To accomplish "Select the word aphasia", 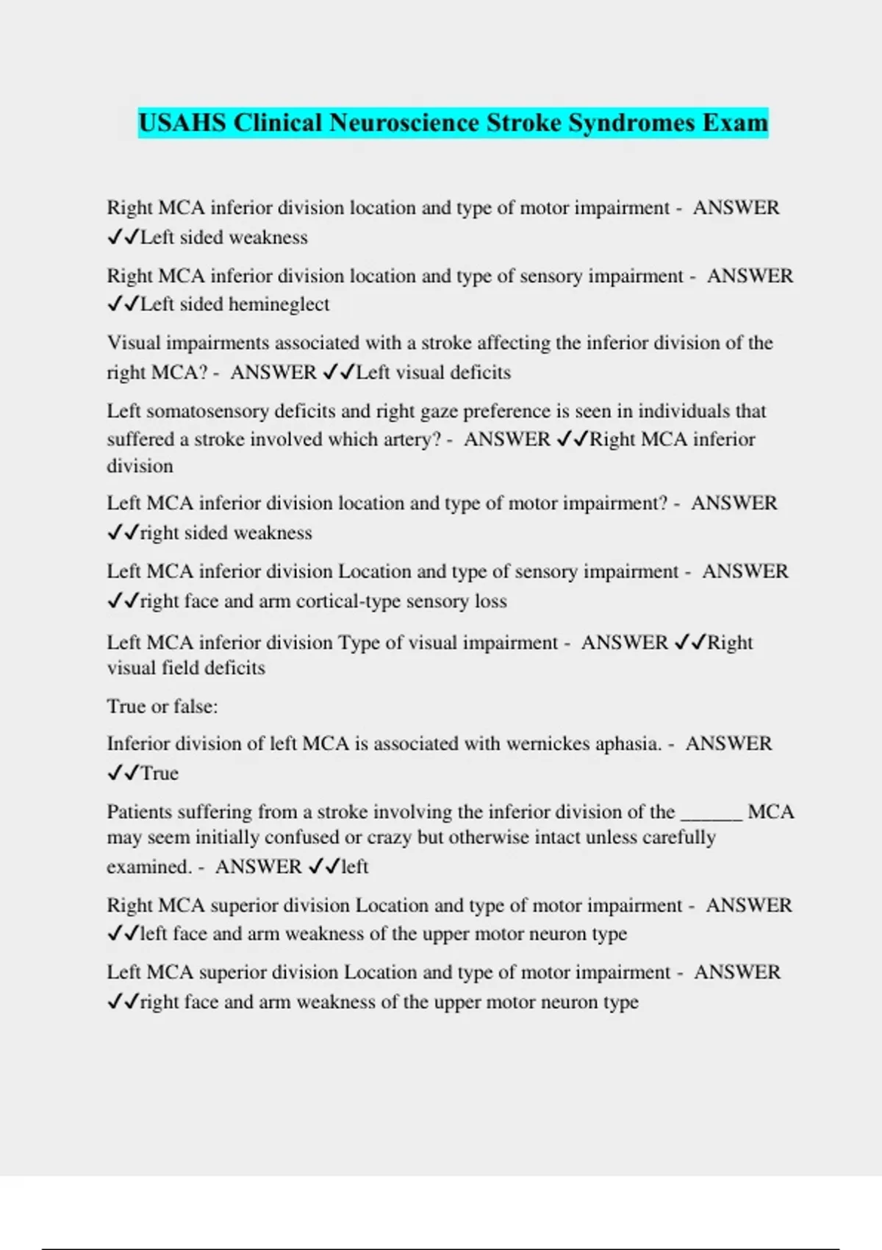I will [628, 743].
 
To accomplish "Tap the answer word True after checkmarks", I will [159, 773].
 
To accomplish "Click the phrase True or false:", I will [162, 707].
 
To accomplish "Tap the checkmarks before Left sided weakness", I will [123, 238].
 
